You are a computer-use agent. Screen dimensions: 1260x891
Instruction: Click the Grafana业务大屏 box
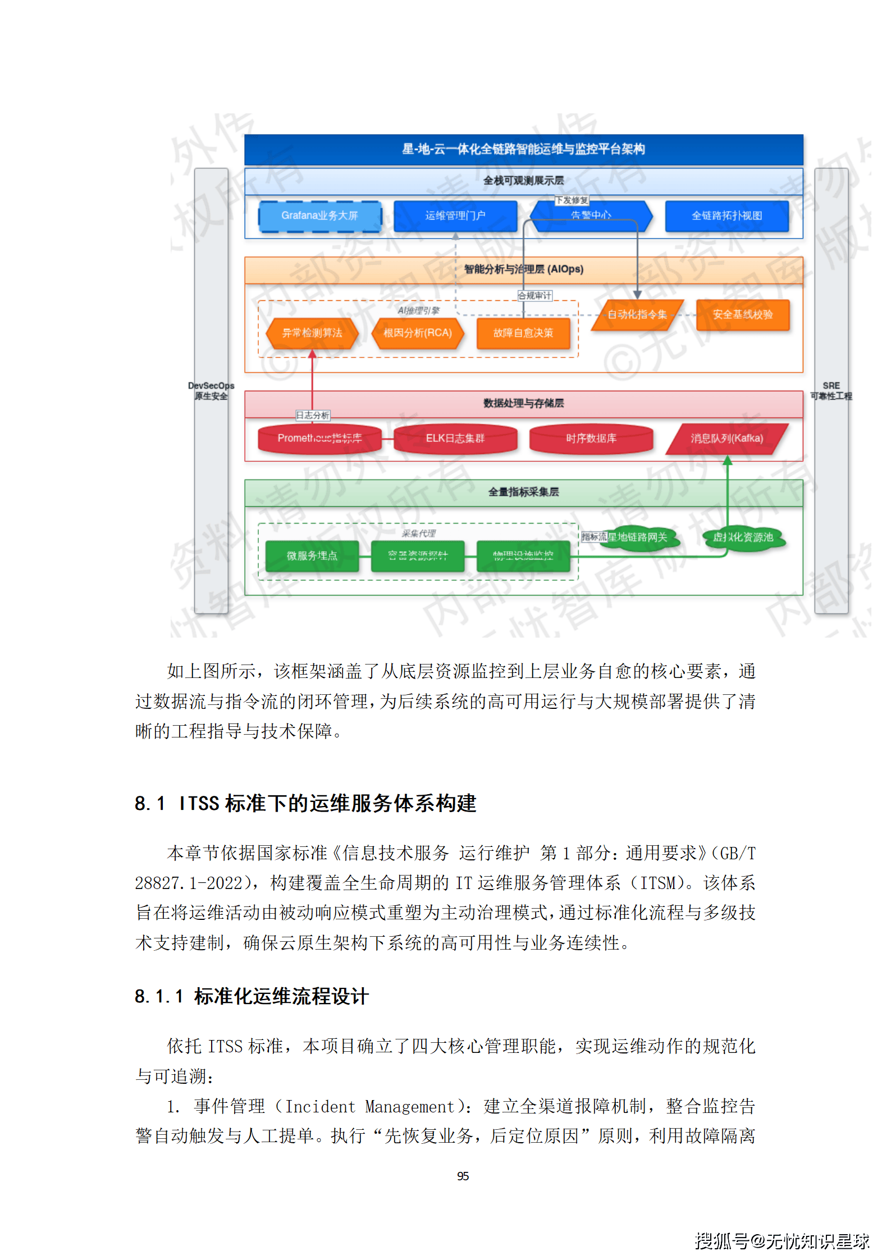pyautogui.click(x=319, y=216)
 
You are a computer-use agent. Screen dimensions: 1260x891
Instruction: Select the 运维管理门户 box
pyautogui.click(x=455, y=216)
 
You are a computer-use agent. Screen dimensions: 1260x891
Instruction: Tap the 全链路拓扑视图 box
pyautogui.click(x=726, y=216)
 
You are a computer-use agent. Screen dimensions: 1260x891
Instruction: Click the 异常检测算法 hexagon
pyautogui.click(x=312, y=333)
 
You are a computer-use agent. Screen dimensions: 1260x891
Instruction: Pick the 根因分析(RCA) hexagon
pyautogui.click(x=417, y=333)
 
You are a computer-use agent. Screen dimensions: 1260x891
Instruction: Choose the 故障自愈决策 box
pyautogui.click(x=523, y=333)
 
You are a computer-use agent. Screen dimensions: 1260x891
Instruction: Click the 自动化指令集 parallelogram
pyautogui.click(x=637, y=314)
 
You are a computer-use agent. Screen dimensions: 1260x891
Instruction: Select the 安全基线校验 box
pyautogui.click(x=742, y=314)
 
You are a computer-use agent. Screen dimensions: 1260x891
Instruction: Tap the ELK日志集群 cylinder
pyautogui.click(x=455, y=438)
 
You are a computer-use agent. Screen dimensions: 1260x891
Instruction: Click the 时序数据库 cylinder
pyautogui.click(x=591, y=438)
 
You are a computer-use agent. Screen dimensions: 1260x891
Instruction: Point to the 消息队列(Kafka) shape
pyautogui.click(x=726, y=438)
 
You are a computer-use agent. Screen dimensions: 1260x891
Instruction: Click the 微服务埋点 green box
pyautogui.click(x=312, y=556)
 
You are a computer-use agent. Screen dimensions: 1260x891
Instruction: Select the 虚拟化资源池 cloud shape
pyautogui.click(x=742, y=538)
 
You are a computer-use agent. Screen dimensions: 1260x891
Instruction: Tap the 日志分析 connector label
pyautogui.click(x=313, y=415)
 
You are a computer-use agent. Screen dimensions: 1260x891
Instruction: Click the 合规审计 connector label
pyautogui.click(x=534, y=296)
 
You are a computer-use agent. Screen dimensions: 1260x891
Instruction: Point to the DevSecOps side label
pyautogui.click(x=211, y=386)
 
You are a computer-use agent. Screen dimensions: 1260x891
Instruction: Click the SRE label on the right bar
pyautogui.click(x=831, y=386)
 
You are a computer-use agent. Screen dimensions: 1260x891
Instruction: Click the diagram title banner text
pyautogui.click(x=523, y=149)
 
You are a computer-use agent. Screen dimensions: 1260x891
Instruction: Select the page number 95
pyautogui.click(x=463, y=1176)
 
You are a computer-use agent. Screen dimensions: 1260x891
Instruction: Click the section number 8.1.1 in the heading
pyautogui.click(x=159, y=997)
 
